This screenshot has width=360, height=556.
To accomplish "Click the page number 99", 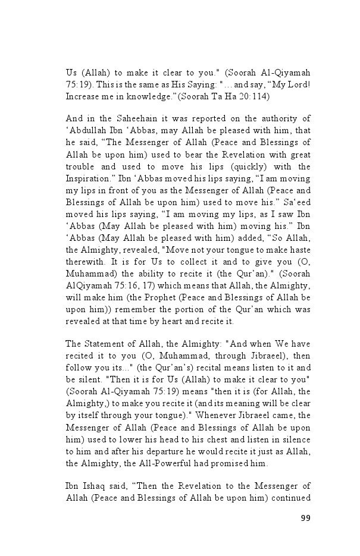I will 305,518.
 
